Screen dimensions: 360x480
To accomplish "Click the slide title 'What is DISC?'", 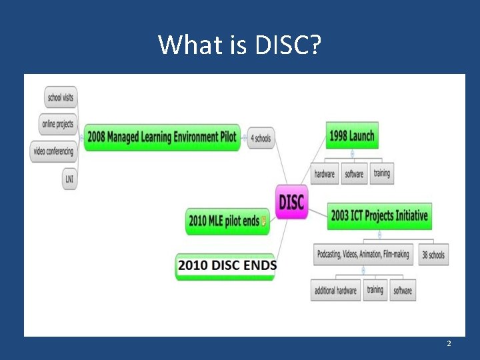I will click(240, 45).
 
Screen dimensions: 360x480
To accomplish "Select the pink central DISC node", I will click(291, 201).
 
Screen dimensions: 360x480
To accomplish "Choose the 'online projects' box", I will click(58, 124).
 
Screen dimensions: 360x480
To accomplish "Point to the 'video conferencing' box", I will click(53, 151).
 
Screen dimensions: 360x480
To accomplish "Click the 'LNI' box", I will click(69, 179).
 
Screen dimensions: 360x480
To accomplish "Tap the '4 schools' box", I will click(261, 139).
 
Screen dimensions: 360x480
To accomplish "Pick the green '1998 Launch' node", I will click(351, 136).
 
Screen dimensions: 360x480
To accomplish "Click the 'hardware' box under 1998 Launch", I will click(325, 174).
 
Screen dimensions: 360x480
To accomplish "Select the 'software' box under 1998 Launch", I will click(354, 174).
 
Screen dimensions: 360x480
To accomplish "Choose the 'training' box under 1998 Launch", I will click(381, 173).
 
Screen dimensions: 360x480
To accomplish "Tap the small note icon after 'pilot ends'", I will click(264, 221).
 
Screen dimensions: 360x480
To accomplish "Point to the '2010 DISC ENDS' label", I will click(227, 265).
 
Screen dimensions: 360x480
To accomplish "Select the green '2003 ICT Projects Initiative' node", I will click(379, 216).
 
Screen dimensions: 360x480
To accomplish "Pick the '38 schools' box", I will click(433, 255).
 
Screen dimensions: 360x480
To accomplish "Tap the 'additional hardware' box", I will click(336, 291).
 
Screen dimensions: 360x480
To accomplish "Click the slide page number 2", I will click(449, 343).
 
